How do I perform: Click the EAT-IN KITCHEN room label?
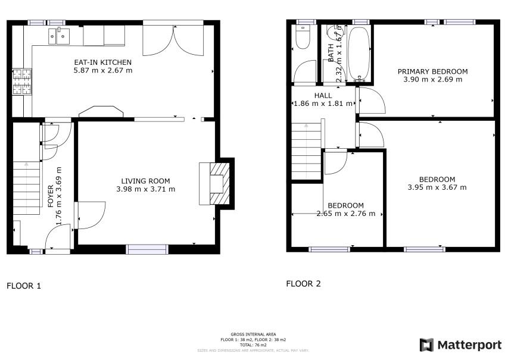pyautogui.click(x=102, y=62)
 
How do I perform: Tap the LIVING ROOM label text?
pyautogui.click(x=145, y=181)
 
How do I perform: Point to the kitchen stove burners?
pyautogui.click(x=22, y=83)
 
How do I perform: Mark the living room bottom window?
pyautogui.click(x=147, y=249)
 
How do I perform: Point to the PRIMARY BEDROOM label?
pyautogui.click(x=432, y=71)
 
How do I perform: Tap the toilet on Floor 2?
pyautogui.click(x=303, y=38)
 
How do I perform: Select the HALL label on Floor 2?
pyautogui.click(x=323, y=95)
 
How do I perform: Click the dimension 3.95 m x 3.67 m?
pyautogui.click(x=437, y=187)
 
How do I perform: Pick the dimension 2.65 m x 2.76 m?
pyautogui.click(x=345, y=214)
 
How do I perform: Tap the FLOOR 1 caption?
pyautogui.click(x=24, y=286)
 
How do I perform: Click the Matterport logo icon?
pyautogui.click(x=426, y=345)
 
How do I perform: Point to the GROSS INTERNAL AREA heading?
pyautogui.click(x=254, y=334)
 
